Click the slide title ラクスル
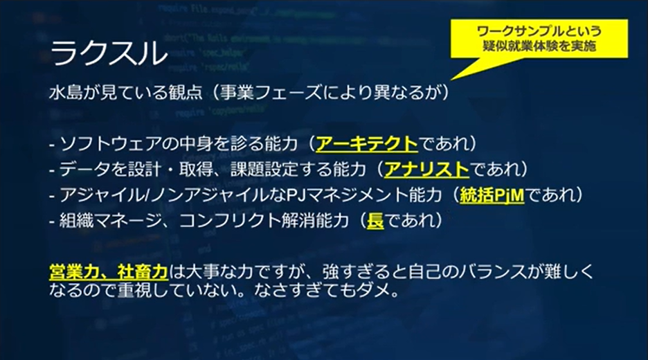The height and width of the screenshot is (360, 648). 109,53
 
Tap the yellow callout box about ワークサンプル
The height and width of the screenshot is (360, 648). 539,39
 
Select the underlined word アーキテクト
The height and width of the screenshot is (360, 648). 366,143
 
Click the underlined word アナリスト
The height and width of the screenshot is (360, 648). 426,169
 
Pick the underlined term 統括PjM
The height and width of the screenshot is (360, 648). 492,195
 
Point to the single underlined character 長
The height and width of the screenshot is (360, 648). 375,220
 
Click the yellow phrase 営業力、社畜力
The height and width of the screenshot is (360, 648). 109,272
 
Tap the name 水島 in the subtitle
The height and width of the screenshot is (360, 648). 66,93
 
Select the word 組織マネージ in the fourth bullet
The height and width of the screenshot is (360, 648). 110,221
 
